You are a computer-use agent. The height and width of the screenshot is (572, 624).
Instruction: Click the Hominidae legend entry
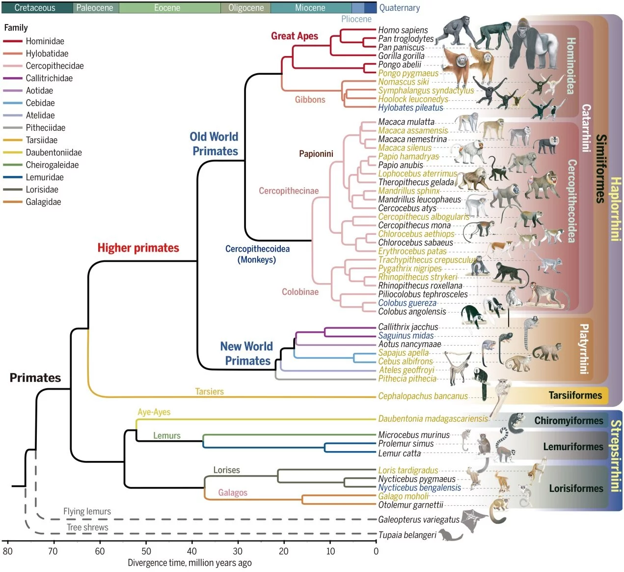coord(45,41)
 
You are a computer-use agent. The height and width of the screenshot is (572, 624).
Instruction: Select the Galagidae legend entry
coord(43,202)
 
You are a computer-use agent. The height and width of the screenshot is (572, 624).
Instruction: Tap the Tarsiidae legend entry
coord(41,140)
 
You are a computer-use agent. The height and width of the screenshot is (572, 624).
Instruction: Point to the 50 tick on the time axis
coord(146,551)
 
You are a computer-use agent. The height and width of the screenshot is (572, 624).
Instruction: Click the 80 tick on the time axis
coord(7,551)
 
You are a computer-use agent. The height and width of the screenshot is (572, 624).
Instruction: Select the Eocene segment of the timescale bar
coord(167,8)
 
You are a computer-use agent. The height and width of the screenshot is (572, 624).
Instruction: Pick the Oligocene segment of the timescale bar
coord(246,8)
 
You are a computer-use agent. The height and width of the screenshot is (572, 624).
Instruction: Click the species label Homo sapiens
coord(403,30)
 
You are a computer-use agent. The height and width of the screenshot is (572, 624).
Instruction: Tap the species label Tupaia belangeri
coord(407,535)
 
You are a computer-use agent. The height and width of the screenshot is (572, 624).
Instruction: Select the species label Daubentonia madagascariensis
coord(433,419)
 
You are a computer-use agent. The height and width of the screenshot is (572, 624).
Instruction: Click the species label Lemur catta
coord(399,454)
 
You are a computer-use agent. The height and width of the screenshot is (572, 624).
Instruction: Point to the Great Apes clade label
coord(295,36)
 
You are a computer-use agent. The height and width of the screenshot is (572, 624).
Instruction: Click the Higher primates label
coord(138,248)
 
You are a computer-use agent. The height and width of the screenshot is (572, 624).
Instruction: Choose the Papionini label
coord(316,154)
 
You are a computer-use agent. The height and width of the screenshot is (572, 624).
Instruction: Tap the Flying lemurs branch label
coord(87,512)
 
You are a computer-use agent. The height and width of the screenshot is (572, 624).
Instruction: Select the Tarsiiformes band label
coord(575,395)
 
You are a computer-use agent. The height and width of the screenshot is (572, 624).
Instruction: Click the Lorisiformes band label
coord(576,488)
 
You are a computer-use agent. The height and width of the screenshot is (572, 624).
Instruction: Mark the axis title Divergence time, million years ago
coord(190,563)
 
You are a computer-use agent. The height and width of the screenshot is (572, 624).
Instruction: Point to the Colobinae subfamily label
coord(300,292)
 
